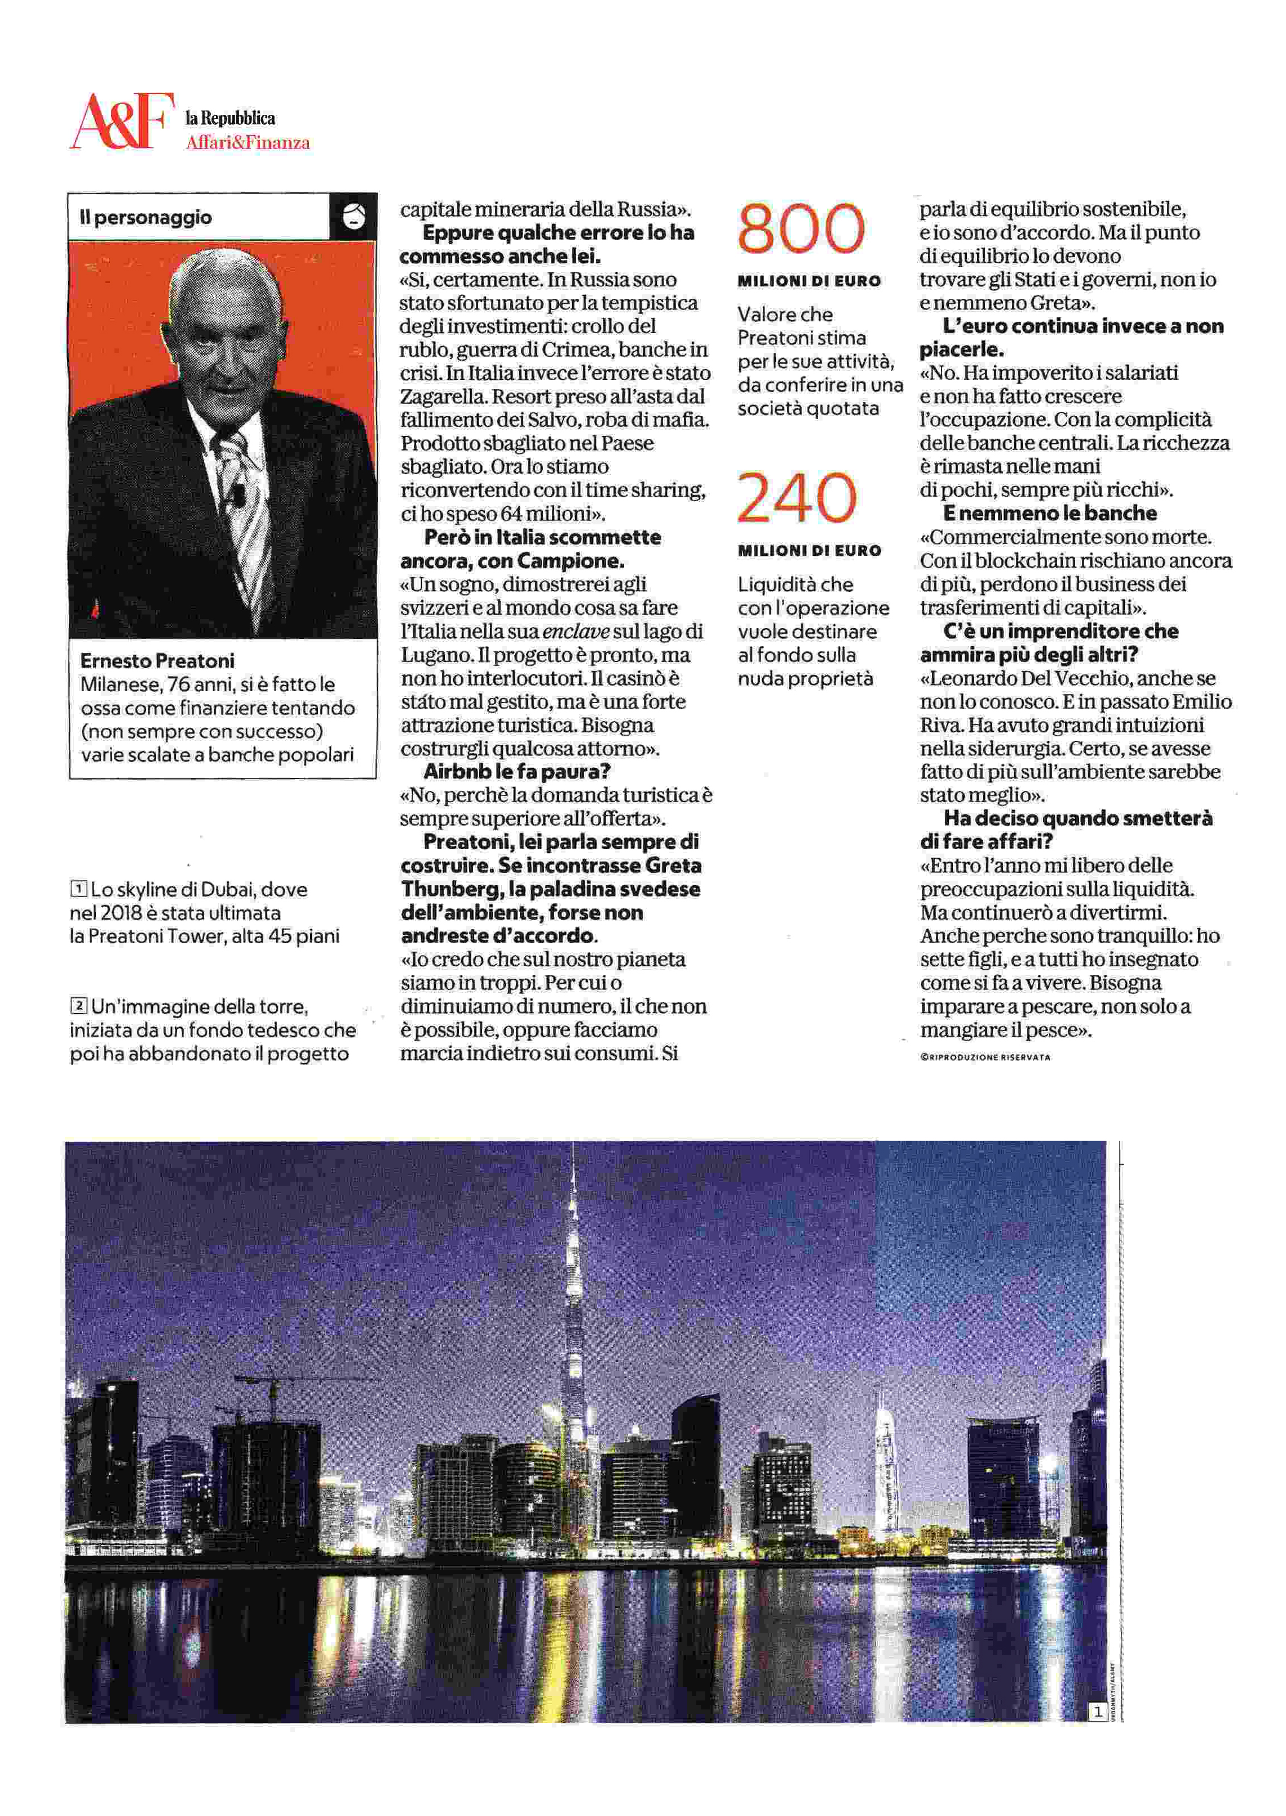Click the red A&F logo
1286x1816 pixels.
point(121,121)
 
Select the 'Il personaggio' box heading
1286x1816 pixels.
point(145,217)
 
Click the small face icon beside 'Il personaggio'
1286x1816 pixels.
point(353,216)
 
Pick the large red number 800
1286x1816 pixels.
point(801,229)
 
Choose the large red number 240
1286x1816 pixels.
point(797,498)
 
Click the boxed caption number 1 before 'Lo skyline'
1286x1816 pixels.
point(78,889)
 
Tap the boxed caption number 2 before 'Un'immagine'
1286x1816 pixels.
point(78,1006)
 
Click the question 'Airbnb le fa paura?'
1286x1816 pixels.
point(516,771)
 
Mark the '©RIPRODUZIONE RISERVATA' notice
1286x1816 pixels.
point(985,1057)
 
